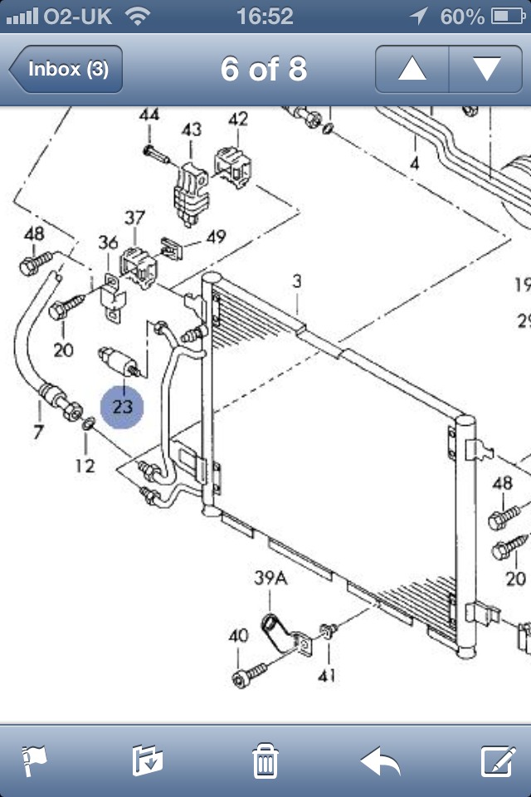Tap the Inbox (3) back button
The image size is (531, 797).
point(66,69)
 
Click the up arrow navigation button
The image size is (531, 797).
point(412,69)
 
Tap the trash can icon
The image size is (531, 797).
point(265,760)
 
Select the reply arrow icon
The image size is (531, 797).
point(381,760)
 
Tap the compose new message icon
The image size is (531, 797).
point(499,760)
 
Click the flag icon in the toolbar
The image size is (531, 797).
point(34,760)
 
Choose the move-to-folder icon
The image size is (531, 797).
point(149,760)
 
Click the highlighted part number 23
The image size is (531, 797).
point(122,407)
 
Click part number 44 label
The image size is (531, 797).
point(149,115)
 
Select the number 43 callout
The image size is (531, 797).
point(192,130)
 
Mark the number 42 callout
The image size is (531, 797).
point(238,119)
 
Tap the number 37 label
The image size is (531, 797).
point(134,218)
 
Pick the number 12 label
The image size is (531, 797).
point(85,466)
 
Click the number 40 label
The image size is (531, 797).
point(238,636)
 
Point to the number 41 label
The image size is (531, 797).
point(328,675)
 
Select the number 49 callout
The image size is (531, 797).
point(216,237)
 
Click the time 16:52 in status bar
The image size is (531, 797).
point(265,16)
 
